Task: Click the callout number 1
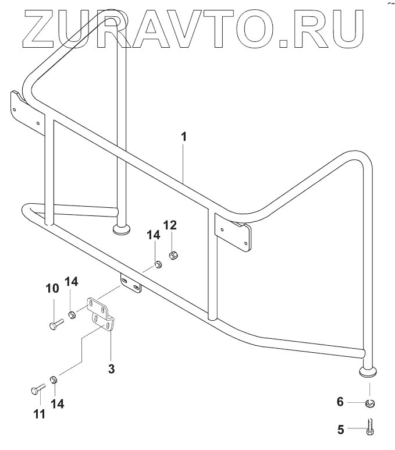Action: point(184,137)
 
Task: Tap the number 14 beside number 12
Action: point(153,235)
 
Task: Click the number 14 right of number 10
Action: point(71,282)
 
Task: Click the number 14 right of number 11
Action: point(55,403)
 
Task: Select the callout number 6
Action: point(341,402)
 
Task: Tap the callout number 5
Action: point(341,430)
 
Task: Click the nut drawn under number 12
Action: point(172,254)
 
